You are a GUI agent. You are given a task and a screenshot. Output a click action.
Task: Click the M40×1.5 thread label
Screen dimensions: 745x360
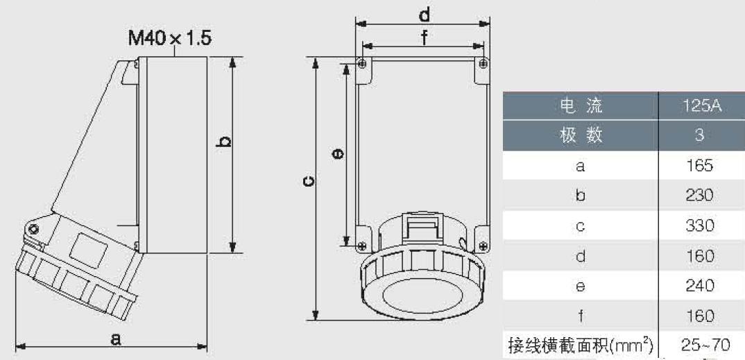click(170, 38)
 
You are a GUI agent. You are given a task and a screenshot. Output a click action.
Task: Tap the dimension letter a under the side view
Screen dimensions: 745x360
click(115, 338)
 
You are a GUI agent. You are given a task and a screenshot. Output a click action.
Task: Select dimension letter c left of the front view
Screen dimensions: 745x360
click(308, 182)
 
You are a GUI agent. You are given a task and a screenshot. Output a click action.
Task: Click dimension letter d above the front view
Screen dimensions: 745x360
click(425, 15)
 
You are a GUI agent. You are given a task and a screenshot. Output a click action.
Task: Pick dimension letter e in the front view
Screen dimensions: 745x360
click(339, 153)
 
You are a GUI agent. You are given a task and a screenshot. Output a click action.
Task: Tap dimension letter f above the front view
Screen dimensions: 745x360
click(423, 38)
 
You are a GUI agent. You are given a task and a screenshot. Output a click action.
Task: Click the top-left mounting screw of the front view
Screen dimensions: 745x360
click(362, 64)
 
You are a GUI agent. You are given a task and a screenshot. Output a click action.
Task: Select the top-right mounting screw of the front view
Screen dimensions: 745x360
click(483, 64)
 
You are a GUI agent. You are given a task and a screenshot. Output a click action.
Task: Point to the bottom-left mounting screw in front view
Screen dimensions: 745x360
click(362, 246)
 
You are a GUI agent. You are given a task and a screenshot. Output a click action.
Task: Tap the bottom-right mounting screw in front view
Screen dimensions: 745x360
click(483, 246)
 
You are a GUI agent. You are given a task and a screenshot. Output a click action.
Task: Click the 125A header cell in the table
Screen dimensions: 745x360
click(701, 106)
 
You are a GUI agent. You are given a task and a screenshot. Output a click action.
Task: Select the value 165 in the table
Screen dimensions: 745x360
click(700, 166)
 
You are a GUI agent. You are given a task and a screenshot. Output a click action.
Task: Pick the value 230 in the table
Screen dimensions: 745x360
click(700, 195)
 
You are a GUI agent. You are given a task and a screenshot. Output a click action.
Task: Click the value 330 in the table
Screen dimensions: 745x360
click(700, 225)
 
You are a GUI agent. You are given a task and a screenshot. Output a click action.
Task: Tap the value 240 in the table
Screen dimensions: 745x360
click(700, 286)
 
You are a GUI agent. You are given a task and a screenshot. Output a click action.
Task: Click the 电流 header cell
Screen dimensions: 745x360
click(580, 106)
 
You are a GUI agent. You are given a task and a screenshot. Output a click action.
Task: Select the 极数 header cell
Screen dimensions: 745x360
click(580, 136)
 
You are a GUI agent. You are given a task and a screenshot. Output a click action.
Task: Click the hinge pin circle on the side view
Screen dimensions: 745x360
click(33, 230)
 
